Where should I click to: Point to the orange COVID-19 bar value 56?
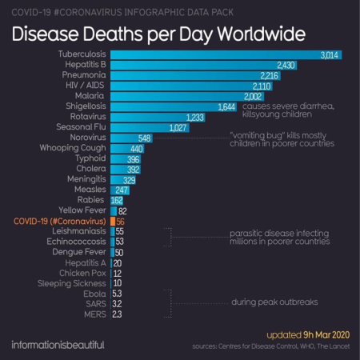(122, 221)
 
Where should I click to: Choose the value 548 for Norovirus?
(145, 138)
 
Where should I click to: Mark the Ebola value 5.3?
(118, 294)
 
